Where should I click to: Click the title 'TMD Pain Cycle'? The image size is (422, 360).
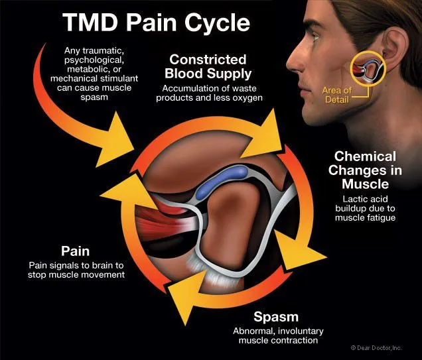coord(156,22)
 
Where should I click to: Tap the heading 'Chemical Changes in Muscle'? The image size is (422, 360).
coord(368,170)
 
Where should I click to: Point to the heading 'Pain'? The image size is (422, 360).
coord(76,252)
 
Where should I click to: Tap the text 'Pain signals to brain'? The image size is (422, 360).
coord(75,266)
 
